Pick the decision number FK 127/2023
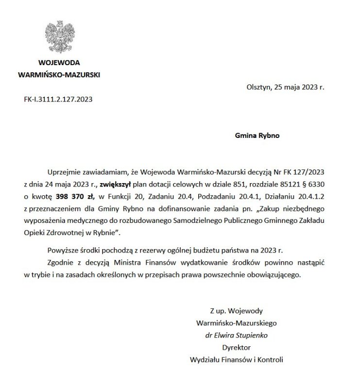click(299, 172)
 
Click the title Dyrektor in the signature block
click(236, 348)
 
